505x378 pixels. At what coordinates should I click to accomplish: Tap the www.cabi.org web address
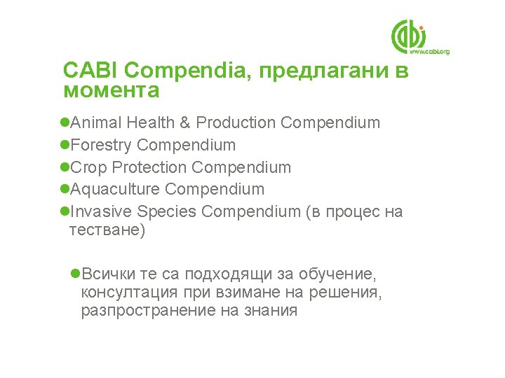click(x=429, y=52)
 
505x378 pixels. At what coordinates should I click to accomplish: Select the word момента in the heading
click(x=111, y=91)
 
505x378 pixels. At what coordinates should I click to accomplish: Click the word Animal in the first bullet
click(x=97, y=123)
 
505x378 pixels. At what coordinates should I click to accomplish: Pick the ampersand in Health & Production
click(x=185, y=123)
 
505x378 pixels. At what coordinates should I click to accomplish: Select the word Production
click(x=236, y=123)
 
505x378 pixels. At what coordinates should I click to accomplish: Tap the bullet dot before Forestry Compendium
click(x=65, y=146)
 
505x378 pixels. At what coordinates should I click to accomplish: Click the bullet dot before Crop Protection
click(x=65, y=168)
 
